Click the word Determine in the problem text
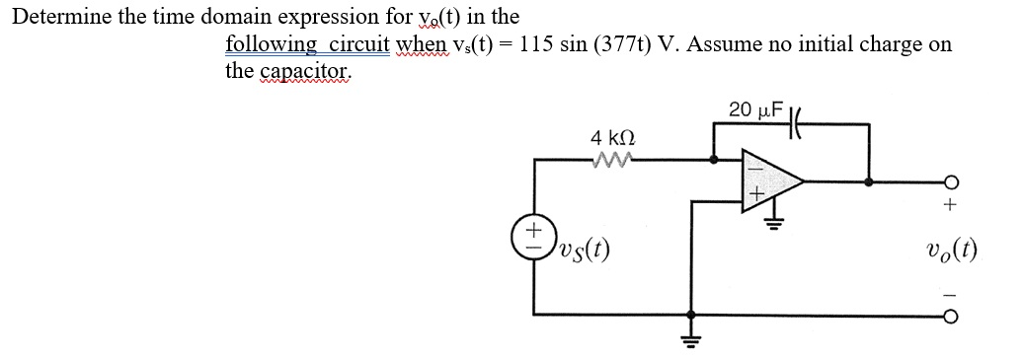click(x=60, y=17)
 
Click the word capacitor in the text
click(x=305, y=71)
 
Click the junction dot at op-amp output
click(x=868, y=183)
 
